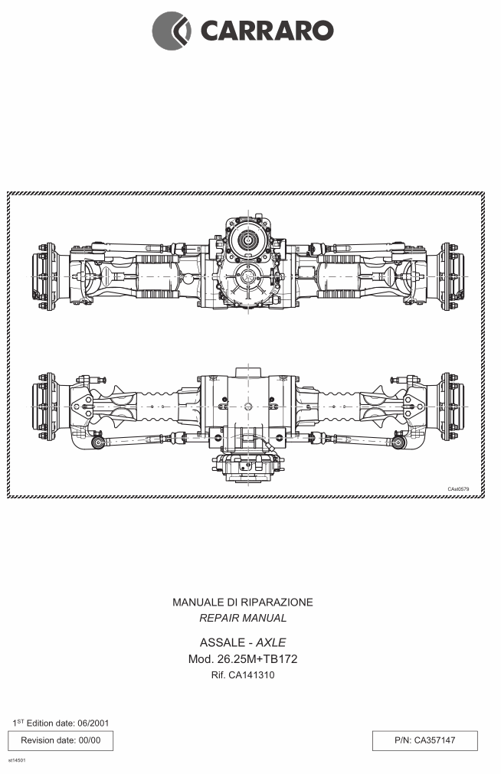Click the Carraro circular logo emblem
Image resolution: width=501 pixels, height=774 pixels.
tap(172, 31)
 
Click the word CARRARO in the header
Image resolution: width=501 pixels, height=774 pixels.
tap(267, 31)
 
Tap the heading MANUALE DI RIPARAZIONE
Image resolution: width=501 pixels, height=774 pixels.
tap(243, 603)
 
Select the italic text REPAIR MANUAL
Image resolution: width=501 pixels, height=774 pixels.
tap(243, 618)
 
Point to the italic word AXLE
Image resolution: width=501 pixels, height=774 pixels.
tap(270, 642)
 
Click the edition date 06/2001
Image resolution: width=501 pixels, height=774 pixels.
tap(93, 723)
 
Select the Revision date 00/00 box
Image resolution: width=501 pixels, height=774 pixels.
tap(61, 740)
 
